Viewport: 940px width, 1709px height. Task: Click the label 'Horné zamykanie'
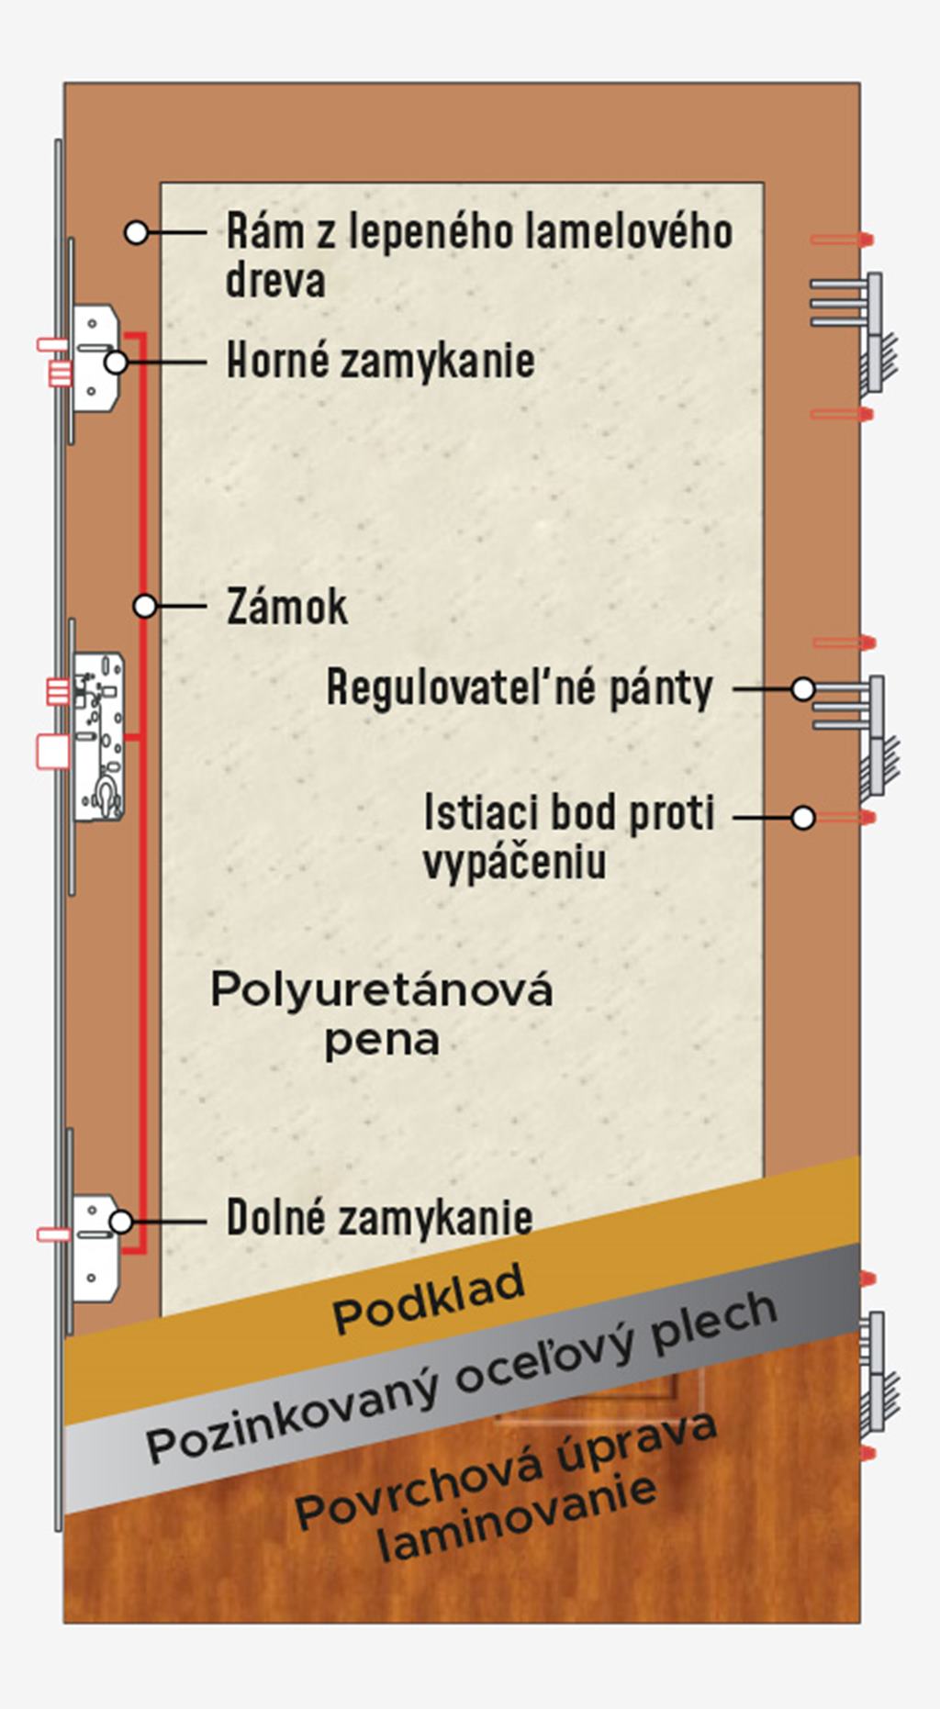[380, 360]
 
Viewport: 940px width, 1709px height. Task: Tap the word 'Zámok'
[287, 607]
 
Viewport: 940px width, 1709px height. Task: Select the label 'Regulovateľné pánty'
[520, 687]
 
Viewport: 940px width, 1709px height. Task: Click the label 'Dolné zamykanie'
[379, 1218]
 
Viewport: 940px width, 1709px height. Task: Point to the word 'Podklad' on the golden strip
[429, 1298]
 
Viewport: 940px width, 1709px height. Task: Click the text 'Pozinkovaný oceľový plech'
[462, 1378]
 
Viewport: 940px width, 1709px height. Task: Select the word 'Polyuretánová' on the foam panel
[382, 990]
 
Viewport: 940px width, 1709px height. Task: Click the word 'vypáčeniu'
[514, 863]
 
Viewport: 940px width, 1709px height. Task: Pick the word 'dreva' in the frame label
[275, 280]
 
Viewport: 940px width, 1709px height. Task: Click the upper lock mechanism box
[95, 359]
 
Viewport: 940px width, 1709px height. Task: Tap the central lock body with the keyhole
[99, 736]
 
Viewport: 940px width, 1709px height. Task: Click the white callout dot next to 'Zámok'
[145, 606]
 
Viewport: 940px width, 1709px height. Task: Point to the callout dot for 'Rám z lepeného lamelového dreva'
[136, 233]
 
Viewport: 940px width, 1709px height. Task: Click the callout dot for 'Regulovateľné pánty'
[803, 688]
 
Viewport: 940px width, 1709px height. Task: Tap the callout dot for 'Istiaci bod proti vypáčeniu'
[803, 817]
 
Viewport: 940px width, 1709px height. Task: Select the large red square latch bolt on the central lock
[52, 750]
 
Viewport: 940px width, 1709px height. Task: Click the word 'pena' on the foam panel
[382, 1041]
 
